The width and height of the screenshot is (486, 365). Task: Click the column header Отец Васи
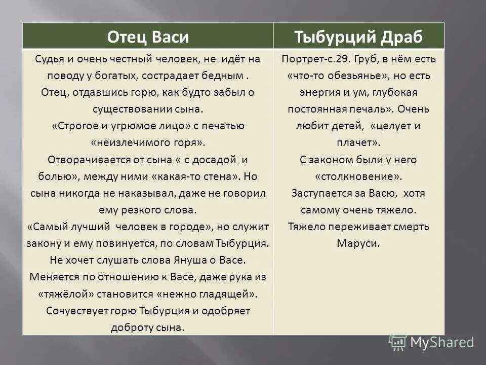[x=148, y=36]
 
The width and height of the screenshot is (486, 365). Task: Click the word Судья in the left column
[x=49, y=59]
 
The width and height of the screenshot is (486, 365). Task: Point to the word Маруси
[x=358, y=243]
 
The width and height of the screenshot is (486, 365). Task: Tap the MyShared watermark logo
[x=433, y=342]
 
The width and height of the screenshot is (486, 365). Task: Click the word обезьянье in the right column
[x=363, y=76]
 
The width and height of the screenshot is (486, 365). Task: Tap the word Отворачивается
[x=87, y=159]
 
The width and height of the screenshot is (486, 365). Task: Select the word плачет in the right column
[x=362, y=142]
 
